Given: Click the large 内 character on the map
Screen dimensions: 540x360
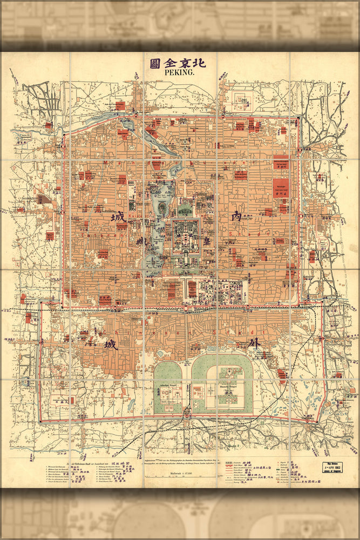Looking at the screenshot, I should click(x=236, y=216).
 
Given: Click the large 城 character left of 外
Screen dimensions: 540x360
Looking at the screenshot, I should click(x=111, y=344).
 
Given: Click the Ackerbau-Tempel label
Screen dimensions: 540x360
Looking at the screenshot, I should click(x=168, y=387).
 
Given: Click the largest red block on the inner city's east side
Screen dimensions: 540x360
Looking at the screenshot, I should click(x=281, y=187).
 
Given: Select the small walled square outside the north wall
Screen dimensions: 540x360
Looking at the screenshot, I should click(x=240, y=98).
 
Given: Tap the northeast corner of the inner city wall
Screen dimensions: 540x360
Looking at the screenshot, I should click(x=298, y=117).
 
